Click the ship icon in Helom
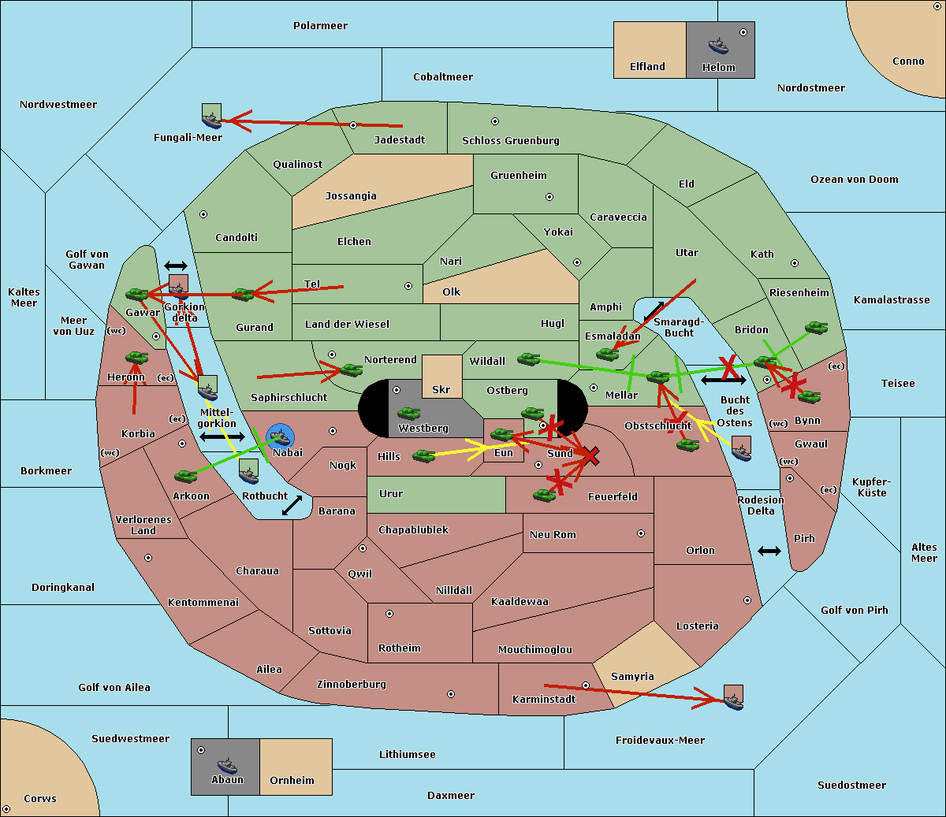tap(718, 46)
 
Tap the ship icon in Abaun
tap(227, 765)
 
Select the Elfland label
tap(647, 67)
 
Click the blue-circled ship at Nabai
tap(280, 437)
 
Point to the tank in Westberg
tap(408, 414)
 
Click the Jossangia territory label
tap(351, 196)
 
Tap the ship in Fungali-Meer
tap(211, 116)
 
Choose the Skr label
tap(441, 389)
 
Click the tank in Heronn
tap(137, 357)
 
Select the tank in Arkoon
tap(185, 476)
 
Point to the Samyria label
tap(632, 676)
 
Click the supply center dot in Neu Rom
tap(641, 533)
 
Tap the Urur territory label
tap(391, 493)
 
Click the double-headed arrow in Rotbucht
tap(292, 506)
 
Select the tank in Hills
tap(424, 455)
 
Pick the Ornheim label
tap(292, 780)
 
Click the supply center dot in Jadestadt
tap(353, 125)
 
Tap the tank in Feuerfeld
tap(544, 495)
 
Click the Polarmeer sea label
tap(320, 26)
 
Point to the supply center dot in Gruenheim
tap(549, 197)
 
